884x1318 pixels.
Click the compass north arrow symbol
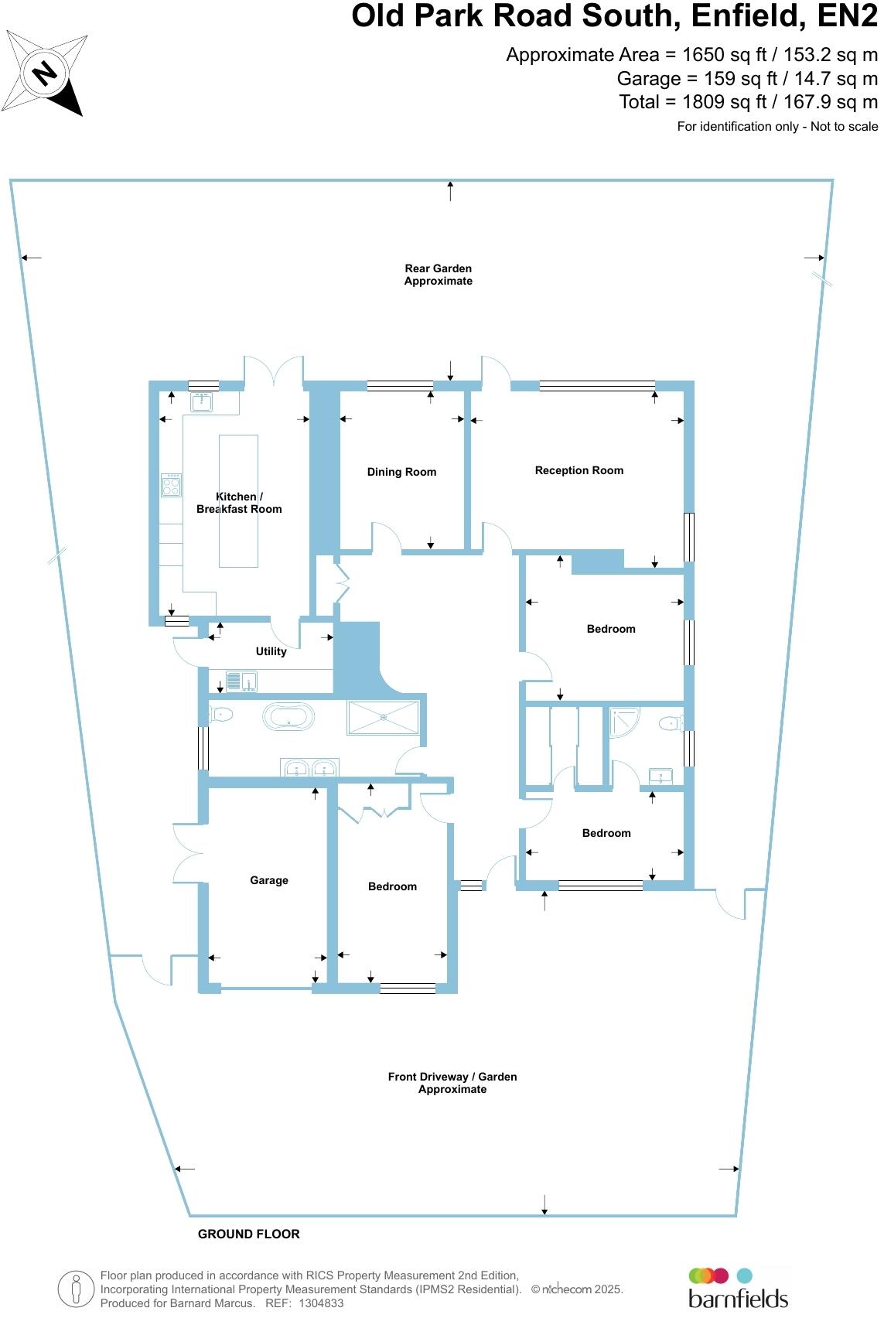pyautogui.click(x=46, y=73)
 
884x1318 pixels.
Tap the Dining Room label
pyautogui.click(x=401, y=472)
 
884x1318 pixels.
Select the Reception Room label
pyautogui.click(x=579, y=470)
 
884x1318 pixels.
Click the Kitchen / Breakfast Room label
pyautogui.click(x=239, y=503)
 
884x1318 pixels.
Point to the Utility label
pyautogui.click(x=271, y=651)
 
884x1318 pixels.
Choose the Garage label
pyautogui.click(x=268, y=880)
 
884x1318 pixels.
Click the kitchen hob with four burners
pyautogui.click(x=171, y=485)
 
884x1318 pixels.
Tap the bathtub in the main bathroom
pyautogui.click(x=288, y=717)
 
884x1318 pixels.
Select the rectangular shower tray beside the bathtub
pyautogui.click(x=384, y=717)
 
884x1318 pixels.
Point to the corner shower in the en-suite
pyautogui.click(x=623, y=721)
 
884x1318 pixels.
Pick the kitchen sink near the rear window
pyautogui.click(x=202, y=401)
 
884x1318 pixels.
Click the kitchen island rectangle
pyautogui.click(x=238, y=500)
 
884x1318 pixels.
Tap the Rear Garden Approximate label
pyautogui.click(x=438, y=275)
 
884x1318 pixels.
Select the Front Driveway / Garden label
pyautogui.click(x=452, y=1083)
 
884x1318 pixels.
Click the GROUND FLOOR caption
pyautogui.click(x=248, y=1234)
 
